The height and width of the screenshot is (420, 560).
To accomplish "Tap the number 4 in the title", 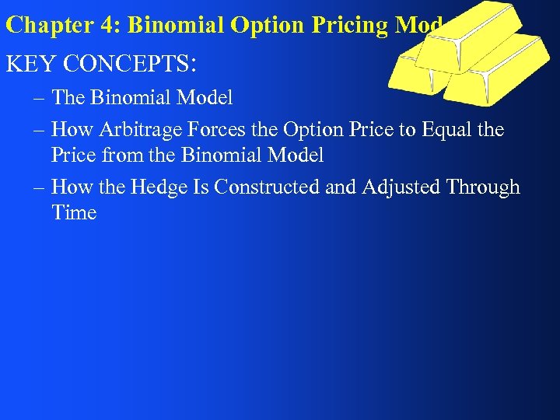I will coord(106,25).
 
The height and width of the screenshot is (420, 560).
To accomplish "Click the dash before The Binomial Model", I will coord(39,99).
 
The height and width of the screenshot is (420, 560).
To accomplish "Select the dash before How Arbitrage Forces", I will coord(39,130).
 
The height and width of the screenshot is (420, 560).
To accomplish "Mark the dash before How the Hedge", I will coord(39,187).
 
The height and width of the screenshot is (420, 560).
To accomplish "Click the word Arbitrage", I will coord(137,130).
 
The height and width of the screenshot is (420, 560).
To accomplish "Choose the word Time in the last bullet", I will coord(74,213).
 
